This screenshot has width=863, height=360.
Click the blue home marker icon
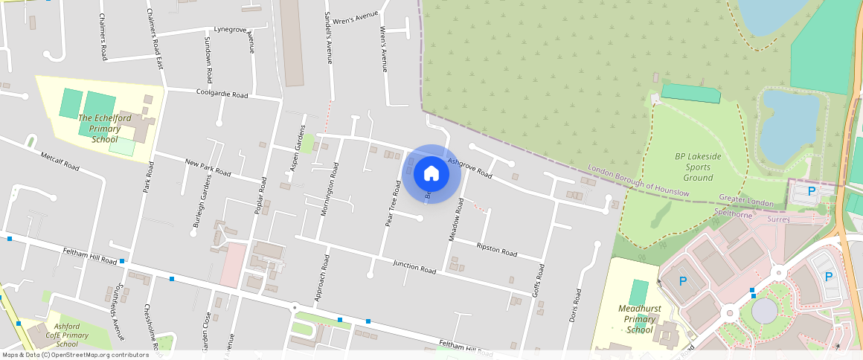pos(431,173)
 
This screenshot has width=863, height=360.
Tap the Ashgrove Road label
pos(469,168)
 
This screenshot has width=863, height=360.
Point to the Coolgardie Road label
pos(222,94)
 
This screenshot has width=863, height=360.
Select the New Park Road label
pos(208,167)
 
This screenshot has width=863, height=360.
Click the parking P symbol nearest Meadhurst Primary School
pos(684,280)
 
